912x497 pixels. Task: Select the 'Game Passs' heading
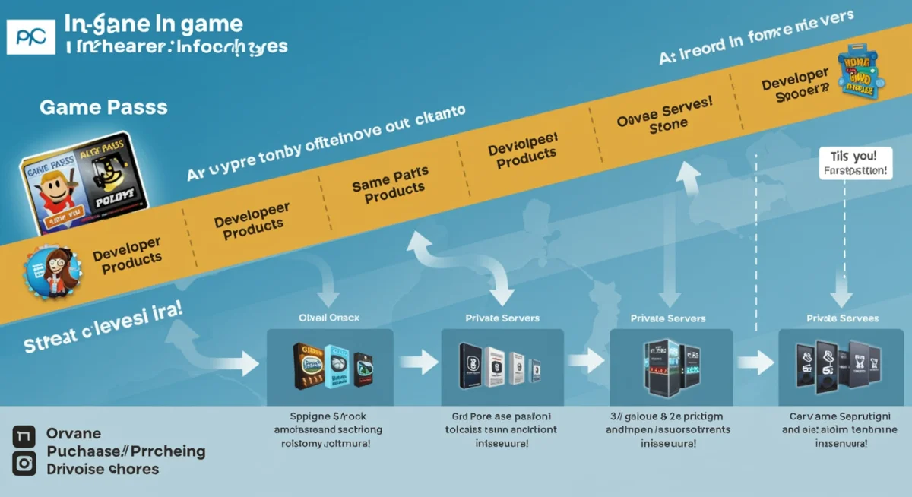pyautogui.click(x=103, y=107)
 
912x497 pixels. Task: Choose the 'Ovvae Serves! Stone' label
pyautogui.click(x=665, y=116)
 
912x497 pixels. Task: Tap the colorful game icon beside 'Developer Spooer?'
pyautogui.click(x=859, y=74)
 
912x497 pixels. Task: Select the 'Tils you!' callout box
pyautogui.click(x=855, y=163)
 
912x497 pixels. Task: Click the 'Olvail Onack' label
pyautogui.click(x=329, y=318)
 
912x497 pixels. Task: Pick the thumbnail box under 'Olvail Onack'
pyautogui.click(x=330, y=367)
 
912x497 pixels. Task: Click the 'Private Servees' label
pyautogui.click(x=842, y=318)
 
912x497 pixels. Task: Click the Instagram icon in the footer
pyautogui.click(x=24, y=463)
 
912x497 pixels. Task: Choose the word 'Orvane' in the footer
pyautogui.click(x=74, y=434)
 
